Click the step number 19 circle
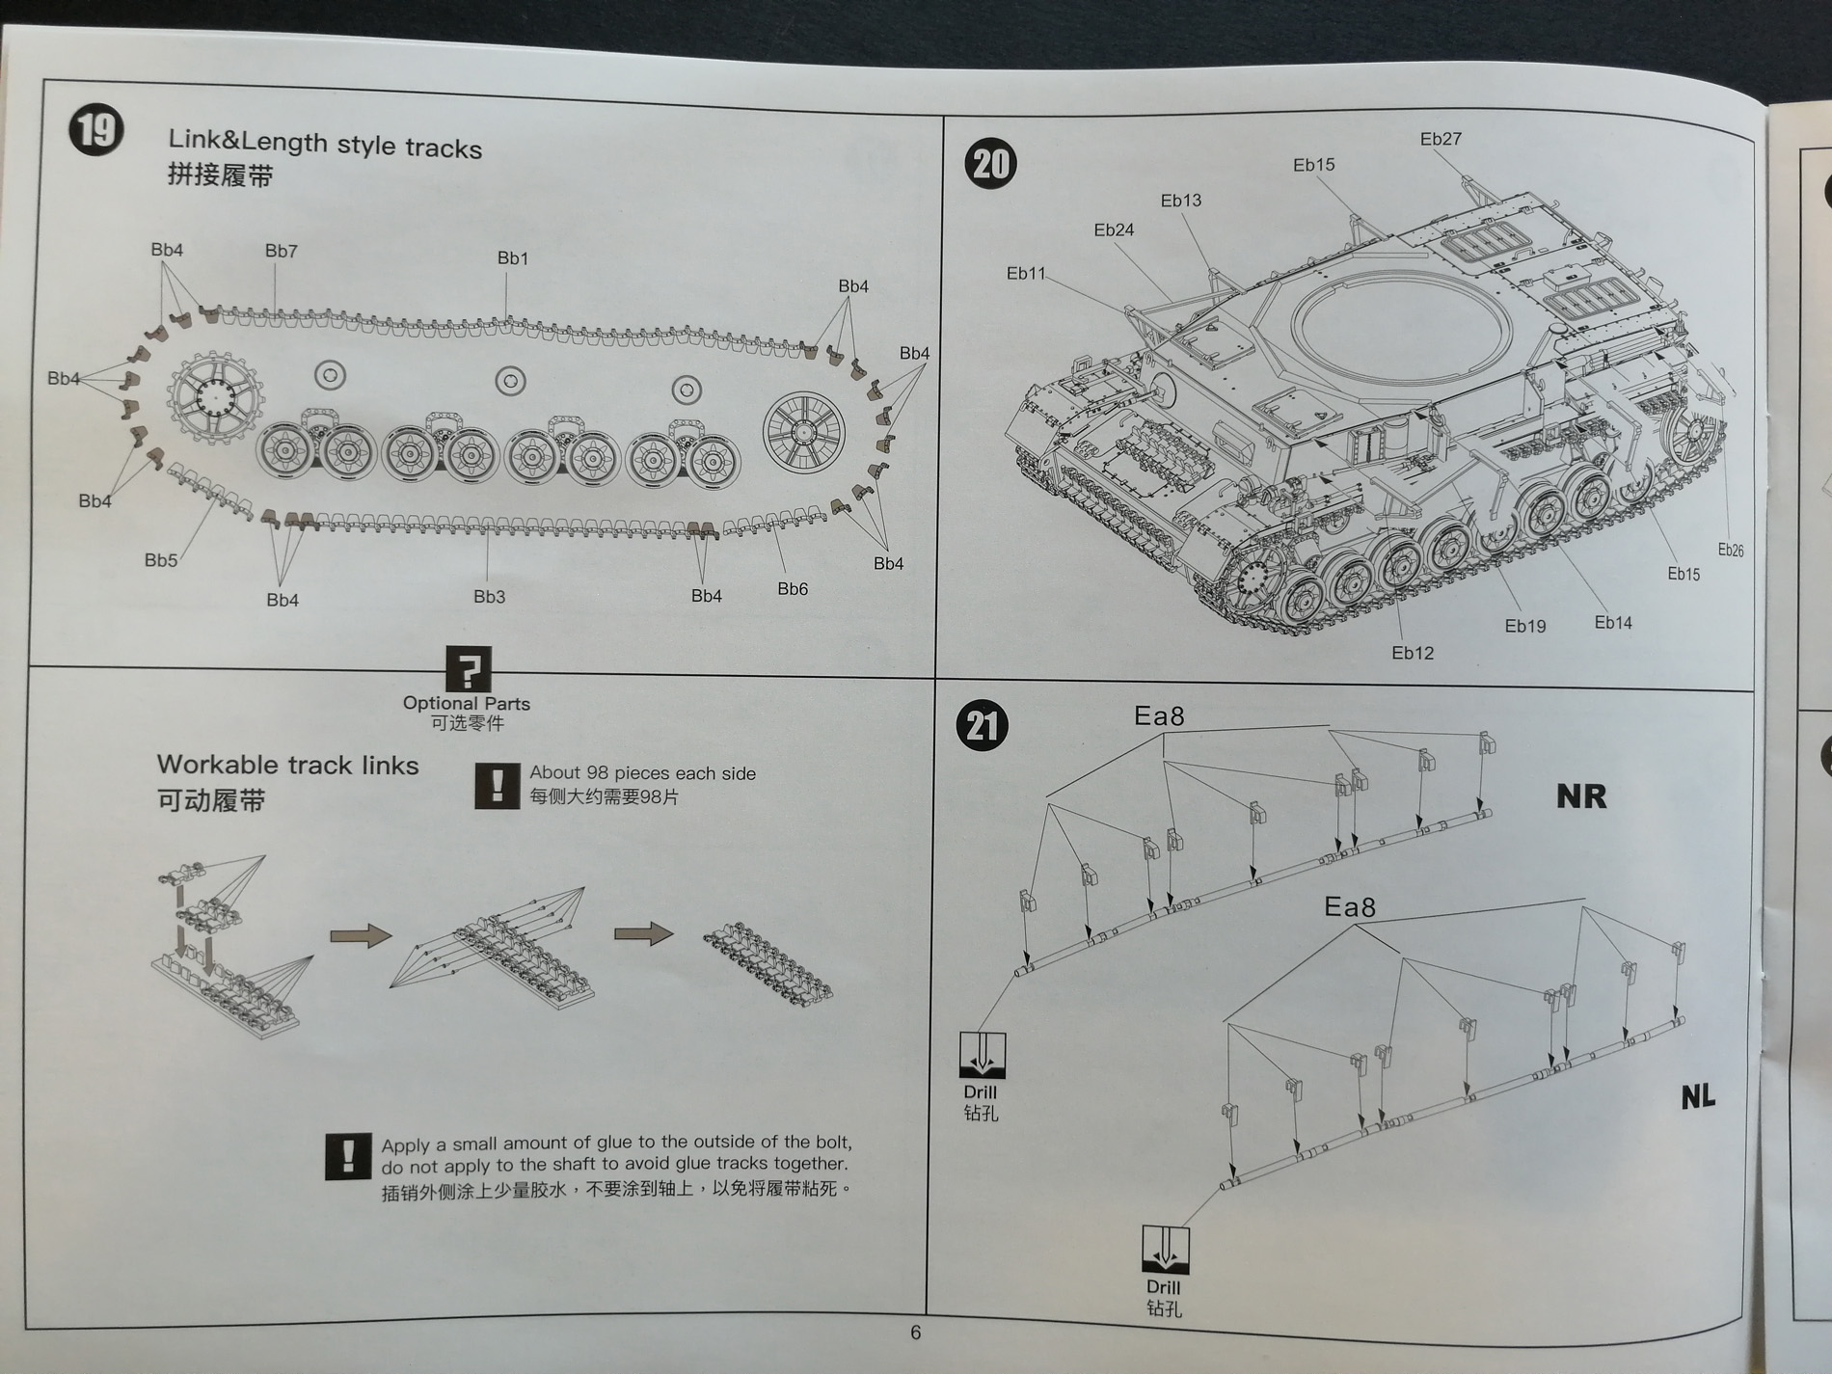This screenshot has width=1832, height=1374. point(96,129)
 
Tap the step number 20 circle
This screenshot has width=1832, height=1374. point(990,164)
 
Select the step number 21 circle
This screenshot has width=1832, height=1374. point(982,725)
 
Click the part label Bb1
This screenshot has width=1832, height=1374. point(513,258)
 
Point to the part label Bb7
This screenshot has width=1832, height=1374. point(282,252)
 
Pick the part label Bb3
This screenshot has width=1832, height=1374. point(489,597)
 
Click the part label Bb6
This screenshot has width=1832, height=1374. point(793,589)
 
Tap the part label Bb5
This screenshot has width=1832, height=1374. point(161,560)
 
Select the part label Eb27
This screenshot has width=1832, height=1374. point(1441,139)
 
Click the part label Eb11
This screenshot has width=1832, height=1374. point(1026,274)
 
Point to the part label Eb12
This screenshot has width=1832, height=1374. point(1413,654)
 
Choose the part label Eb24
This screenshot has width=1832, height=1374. point(1114,230)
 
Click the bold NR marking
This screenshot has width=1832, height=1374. point(1581,796)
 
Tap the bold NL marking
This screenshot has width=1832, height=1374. point(1698,1096)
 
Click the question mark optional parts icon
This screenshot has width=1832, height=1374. point(469,668)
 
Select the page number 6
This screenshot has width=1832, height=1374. point(915,1333)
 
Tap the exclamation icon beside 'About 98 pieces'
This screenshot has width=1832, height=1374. point(498,785)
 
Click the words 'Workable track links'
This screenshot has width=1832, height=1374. point(287,766)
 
